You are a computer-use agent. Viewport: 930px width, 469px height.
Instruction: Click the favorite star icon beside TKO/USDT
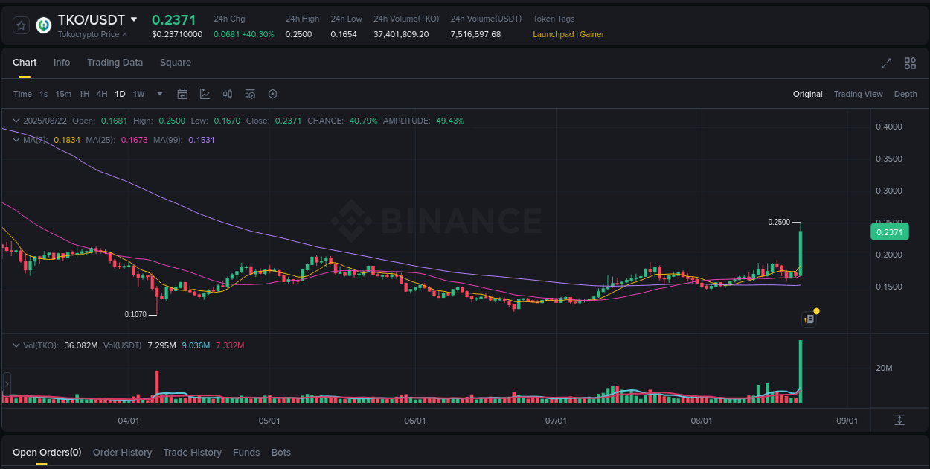[21, 25]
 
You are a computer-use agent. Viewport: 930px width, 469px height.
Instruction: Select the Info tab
[62, 63]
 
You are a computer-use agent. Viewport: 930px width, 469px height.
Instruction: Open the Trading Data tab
[115, 63]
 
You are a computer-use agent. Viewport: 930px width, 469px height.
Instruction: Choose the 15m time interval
[63, 94]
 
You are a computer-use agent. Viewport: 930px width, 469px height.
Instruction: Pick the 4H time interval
[102, 94]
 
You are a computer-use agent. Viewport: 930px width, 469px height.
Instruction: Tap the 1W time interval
[138, 94]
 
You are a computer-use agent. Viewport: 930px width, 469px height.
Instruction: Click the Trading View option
[858, 94]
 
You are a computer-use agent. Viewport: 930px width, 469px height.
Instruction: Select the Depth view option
[905, 94]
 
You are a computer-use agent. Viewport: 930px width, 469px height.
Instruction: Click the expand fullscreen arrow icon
[886, 63]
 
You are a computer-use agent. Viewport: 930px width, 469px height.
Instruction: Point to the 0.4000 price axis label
[888, 127]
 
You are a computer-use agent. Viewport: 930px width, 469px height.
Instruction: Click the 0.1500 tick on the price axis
[888, 287]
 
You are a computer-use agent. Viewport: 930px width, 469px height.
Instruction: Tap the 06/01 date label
[414, 421]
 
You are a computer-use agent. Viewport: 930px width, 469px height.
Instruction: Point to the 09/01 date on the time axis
[847, 421]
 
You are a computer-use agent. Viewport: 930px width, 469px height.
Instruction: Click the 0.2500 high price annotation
[779, 222]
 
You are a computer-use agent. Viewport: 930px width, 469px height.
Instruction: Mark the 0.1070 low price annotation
[135, 314]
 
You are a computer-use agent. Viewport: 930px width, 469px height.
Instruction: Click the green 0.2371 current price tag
[889, 232]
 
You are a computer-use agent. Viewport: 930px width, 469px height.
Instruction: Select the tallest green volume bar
[801, 371]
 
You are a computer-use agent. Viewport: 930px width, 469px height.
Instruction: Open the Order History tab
[122, 453]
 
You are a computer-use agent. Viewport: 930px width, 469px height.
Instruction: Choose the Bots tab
[280, 453]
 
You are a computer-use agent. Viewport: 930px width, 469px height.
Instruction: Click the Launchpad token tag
[553, 34]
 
